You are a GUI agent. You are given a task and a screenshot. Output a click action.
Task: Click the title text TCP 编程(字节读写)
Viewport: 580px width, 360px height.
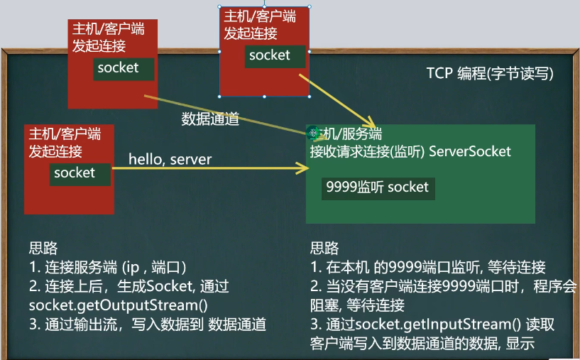tap(489, 75)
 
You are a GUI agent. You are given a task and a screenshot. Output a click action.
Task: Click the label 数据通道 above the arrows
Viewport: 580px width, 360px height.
tap(210, 119)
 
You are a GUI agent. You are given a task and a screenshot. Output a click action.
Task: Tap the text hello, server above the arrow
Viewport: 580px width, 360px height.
tap(170, 159)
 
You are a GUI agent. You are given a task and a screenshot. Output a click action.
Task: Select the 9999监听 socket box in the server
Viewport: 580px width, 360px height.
tap(378, 187)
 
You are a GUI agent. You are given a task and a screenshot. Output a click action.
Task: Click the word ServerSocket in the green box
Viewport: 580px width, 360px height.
tap(470, 151)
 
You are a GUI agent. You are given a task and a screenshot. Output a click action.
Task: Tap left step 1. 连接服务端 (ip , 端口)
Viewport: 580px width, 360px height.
tap(107, 268)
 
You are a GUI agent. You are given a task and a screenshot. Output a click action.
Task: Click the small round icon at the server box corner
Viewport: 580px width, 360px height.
tap(314, 132)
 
